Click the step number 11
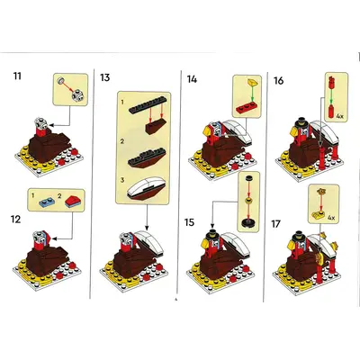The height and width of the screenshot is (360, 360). click(x=17, y=76)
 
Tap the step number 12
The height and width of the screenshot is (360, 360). click(x=16, y=220)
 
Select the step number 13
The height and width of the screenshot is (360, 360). click(x=105, y=77)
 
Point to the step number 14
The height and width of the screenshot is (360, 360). click(x=192, y=79)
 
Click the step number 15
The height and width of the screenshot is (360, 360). click(x=190, y=222)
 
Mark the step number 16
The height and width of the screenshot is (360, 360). click(x=279, y=80)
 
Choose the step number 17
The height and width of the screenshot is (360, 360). click(x=276, y=224)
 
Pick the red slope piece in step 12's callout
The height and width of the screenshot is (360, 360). click(x=72, y=201)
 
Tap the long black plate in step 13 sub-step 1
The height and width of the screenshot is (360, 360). click(x=148, y=105)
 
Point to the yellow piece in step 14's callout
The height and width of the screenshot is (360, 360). click(x=253, y=82)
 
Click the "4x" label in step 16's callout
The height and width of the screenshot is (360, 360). click(x=340, y=115)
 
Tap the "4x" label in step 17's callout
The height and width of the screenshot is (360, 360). click(x=331, y=217)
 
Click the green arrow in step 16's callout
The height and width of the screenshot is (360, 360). click(x=331, y=96)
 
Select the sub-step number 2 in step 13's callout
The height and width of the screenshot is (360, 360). click(x=122, y=141)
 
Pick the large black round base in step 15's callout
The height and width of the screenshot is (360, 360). click(x=248, y=223)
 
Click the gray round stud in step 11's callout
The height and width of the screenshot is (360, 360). click(x=61, y=80)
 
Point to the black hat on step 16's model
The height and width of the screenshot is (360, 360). click(x=300, y=122)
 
